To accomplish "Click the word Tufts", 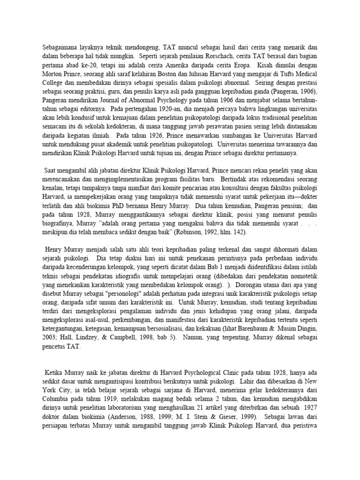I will coord(284,72).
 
